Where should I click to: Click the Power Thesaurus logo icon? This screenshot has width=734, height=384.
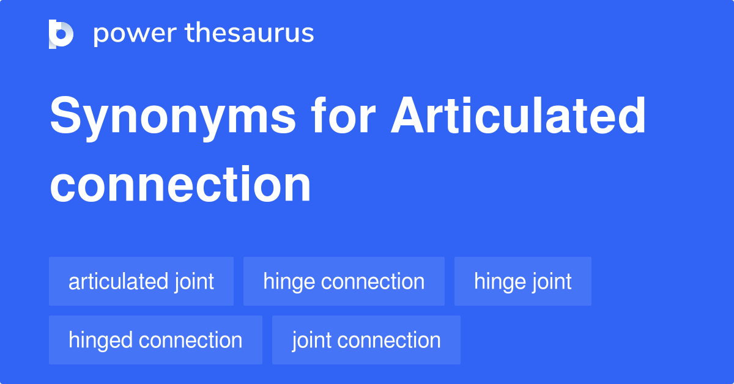(x=61, y=34)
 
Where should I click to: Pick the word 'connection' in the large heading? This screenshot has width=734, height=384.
(x=180, y=184)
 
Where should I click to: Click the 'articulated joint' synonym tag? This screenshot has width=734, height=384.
(x=141, y=281)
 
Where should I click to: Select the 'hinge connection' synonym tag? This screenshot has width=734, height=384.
(x=344, y=281)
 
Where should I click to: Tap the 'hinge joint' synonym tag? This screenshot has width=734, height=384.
(x=522, y=281)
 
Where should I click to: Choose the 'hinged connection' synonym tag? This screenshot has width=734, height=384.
(x=155, y=340)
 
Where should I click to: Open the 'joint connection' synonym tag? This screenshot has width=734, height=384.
(x=366, y=340)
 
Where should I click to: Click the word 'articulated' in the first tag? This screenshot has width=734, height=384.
(x=118, y=281)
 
